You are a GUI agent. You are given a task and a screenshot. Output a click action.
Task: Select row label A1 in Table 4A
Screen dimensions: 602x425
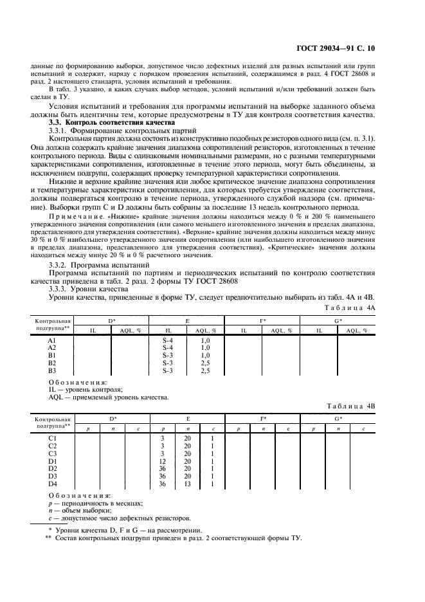52,340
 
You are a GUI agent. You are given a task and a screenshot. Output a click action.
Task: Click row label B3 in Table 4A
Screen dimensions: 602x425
52,371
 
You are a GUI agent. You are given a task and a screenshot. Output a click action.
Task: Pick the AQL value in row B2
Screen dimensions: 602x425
206,363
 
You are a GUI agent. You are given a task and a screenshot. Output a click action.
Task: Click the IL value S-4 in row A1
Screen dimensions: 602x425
168,340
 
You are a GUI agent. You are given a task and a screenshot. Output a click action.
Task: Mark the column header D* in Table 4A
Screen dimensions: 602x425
111,320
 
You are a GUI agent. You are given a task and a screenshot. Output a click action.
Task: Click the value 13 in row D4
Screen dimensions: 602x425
187,484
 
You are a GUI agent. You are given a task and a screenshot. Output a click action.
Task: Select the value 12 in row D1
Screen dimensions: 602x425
163,461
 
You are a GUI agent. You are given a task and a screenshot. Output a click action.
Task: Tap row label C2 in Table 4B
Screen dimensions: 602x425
53,446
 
